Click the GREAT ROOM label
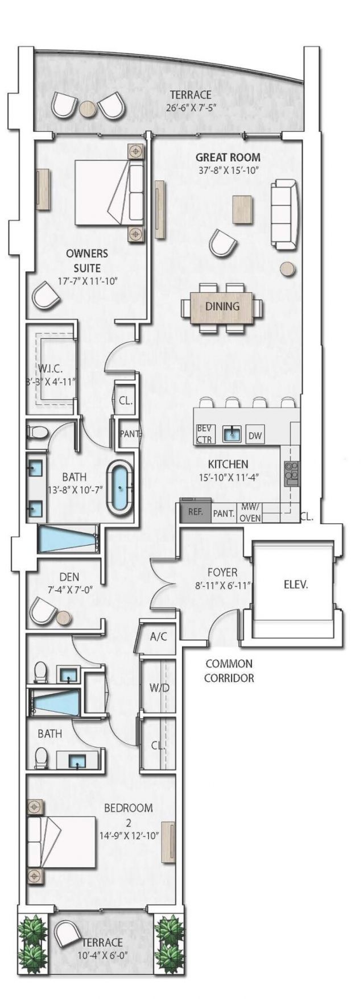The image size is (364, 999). click(228, 157)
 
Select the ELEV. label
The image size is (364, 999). click(296, 585)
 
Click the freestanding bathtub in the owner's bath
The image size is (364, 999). click(120, 488)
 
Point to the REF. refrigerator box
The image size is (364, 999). click(195, 512)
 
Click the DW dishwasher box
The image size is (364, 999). click(255, 436)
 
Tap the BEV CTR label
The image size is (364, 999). click(204, 434)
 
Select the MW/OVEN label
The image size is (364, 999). click(250, 512)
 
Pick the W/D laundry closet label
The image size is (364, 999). click(159, 688)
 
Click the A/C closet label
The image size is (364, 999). click(158, 636)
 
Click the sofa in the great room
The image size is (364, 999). click(284, 214)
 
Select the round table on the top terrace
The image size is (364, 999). click(88, 109)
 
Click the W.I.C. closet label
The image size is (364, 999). click(51, 370)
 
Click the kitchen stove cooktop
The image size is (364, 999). click(292, 471)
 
